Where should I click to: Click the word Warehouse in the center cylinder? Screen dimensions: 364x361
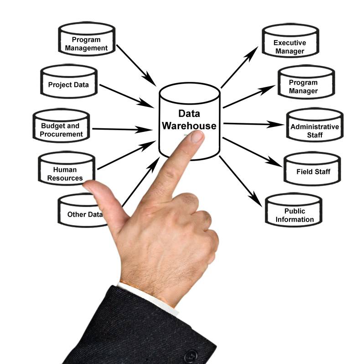(x=189, y=126)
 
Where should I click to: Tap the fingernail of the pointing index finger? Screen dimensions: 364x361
(x=197, y=136)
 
